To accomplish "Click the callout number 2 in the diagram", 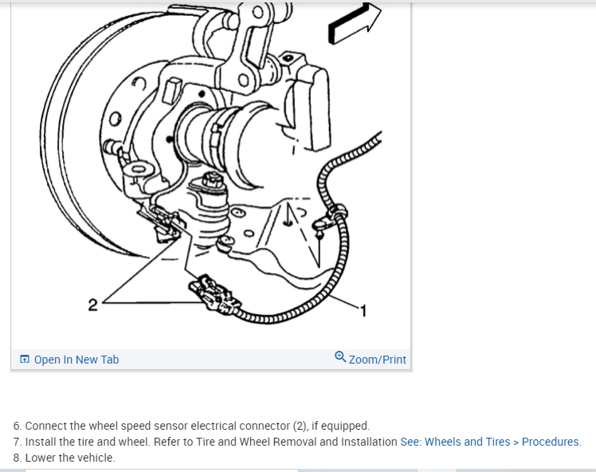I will (x=93, y=304).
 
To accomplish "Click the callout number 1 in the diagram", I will (x=363, y=309).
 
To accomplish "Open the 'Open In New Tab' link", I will (x=76, y=360).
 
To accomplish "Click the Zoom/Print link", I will (x=378, y=360).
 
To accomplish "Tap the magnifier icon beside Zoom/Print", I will (x=341, y=357).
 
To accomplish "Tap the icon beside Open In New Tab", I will (x=25, y=360).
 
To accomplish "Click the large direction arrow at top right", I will (x=354, y=23).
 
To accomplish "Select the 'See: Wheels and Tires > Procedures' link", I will (x=491, y=442).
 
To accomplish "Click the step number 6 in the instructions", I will (x=17, y=426).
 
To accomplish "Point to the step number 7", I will (x=17, y=442).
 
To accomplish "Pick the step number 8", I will (x=17, y=458).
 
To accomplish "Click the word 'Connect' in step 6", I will (x=48, y=426).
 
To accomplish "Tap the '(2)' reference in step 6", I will (x=296, y=426).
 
